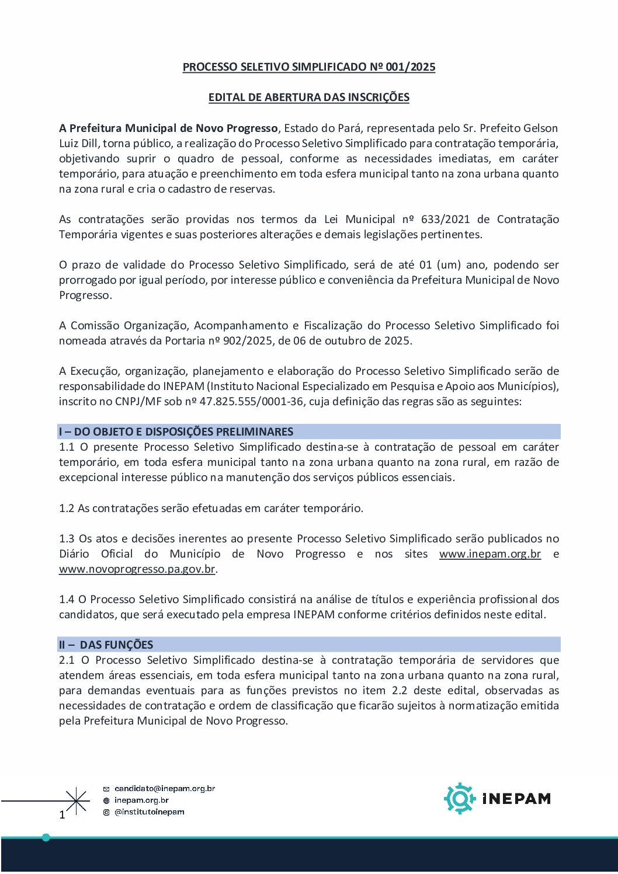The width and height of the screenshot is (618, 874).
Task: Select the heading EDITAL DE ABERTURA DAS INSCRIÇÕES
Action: tap(308, 98)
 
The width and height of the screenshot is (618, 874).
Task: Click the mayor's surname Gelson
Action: tap(540, 128)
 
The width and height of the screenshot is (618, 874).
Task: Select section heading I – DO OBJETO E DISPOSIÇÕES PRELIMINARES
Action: tap(176, 432)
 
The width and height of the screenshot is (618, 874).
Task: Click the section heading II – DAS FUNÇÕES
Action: tap(106, 645)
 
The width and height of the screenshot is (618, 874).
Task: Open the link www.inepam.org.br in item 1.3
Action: tap(489, 554)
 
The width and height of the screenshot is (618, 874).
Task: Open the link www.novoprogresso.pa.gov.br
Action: tap(137, 569)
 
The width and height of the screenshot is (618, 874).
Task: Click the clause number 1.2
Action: tap(67, 509)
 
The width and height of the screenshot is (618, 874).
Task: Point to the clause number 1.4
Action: tap(67, 600)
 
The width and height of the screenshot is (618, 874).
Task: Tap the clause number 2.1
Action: tap(67, 660)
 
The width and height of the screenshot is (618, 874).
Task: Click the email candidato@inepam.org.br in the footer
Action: tap(165, 789)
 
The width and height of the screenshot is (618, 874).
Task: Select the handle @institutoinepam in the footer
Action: tap(149, 812)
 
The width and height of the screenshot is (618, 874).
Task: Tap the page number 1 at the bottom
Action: tap(63, 814)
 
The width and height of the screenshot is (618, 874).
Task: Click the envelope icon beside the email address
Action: tap(106, 789)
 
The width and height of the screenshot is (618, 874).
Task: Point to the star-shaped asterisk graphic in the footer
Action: tap(77, 800)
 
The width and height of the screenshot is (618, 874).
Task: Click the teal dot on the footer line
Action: tap(46, 838)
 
